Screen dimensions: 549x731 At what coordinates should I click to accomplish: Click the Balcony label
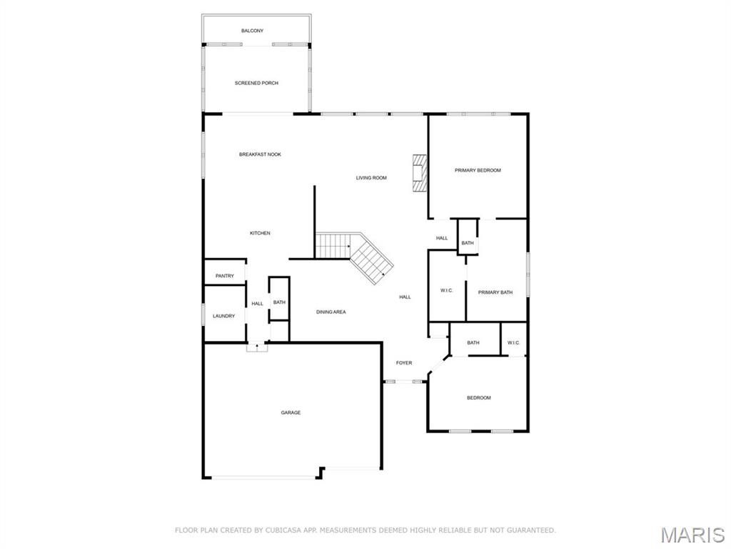coord(252,31)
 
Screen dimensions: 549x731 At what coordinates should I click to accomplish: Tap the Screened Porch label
coord(256,83)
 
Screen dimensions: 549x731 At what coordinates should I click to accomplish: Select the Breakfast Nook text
coord(260,154)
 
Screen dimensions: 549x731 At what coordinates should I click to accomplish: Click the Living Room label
coord(371,177)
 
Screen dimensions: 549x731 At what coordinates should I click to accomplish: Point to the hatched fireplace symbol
coord(419,173)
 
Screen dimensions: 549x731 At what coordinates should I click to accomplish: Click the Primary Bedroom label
coord(478,170)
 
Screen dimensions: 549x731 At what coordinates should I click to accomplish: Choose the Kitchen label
coord(260,233)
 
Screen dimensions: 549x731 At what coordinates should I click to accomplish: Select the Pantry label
coord(224,276)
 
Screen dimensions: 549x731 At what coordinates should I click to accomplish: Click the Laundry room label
coord(223,316)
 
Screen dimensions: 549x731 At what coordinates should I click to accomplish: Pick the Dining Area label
coord(331,312)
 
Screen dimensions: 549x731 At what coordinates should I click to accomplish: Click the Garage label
coord(291,412)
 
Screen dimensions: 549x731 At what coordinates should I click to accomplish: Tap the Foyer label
coord(404,363)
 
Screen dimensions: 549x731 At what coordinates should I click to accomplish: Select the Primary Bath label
coord(495,292)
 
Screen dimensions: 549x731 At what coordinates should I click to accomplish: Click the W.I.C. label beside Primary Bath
coord(447,290)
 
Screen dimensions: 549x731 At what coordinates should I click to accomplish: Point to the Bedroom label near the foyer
coord(479,397)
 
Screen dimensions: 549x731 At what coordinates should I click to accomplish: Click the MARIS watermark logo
coord(692,534)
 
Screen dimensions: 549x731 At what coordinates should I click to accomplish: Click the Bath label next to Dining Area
coord(279,302)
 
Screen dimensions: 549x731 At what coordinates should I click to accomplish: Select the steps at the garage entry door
coord(257,347)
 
